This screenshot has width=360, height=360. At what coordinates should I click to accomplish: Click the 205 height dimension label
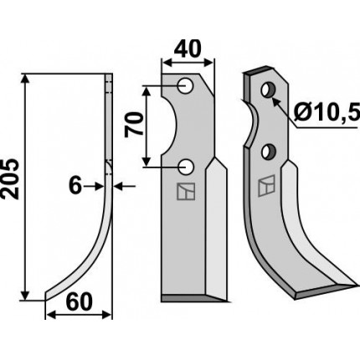tap(10, 179)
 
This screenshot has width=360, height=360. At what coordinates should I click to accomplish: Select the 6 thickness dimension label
tap(75, 186)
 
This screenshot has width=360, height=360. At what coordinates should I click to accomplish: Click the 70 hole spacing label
tap(133, 124)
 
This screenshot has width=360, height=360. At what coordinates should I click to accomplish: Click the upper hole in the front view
tap(185, 85)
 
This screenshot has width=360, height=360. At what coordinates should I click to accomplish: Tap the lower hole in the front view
tap(185, 167)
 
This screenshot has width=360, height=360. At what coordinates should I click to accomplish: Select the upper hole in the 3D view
tap(269, 90)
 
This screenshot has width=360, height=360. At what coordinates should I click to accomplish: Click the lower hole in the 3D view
tap(269, 152)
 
